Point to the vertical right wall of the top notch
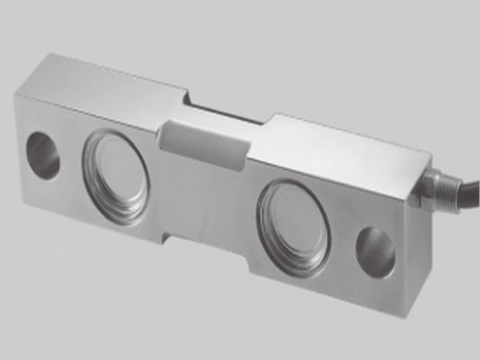(267, 121)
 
